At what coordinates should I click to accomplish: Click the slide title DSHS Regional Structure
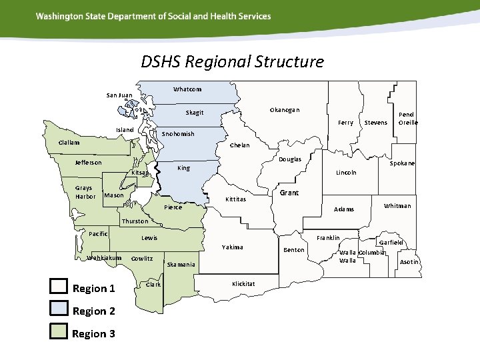click(232, 62)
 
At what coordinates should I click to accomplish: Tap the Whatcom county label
click(187, 89)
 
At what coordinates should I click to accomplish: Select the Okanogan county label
click(285, 109)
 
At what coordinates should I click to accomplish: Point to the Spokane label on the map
click(402, 163)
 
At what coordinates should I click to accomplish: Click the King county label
click(183, 168)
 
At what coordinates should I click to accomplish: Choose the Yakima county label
click(233, 247)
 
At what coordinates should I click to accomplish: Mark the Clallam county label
click(69, 143)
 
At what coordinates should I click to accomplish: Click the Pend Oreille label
click(408, 119)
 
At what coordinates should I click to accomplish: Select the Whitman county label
click(397, 206)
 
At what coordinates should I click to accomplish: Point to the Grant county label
click(289, 193)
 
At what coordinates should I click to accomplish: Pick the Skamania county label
click(181, 265)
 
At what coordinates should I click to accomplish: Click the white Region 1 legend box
click(59, 287)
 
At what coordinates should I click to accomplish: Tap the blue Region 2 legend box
click(59, 309)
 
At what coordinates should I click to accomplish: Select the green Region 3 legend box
click(59, 332)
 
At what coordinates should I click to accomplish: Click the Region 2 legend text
click(94, 311)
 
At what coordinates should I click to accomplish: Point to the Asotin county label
click(409, 262)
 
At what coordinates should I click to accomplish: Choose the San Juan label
click(119, 95)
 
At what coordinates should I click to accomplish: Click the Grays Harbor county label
click(85, 192)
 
